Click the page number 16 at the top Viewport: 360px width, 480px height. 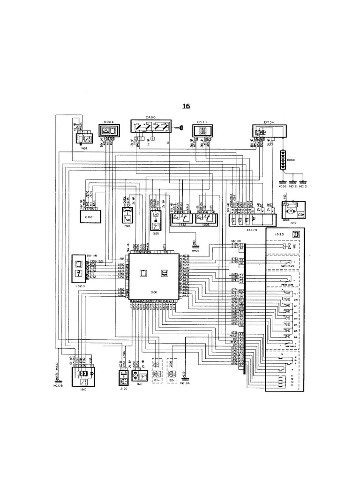point(186,106)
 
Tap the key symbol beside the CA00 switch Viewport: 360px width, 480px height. point(180,127)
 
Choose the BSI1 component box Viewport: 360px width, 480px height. point(202,131)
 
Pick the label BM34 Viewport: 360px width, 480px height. point(269,122)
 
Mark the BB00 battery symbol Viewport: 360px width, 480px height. point(283,157)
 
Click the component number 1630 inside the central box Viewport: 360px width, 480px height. point(155,292)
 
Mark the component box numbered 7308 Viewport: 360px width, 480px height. point(127,216)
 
